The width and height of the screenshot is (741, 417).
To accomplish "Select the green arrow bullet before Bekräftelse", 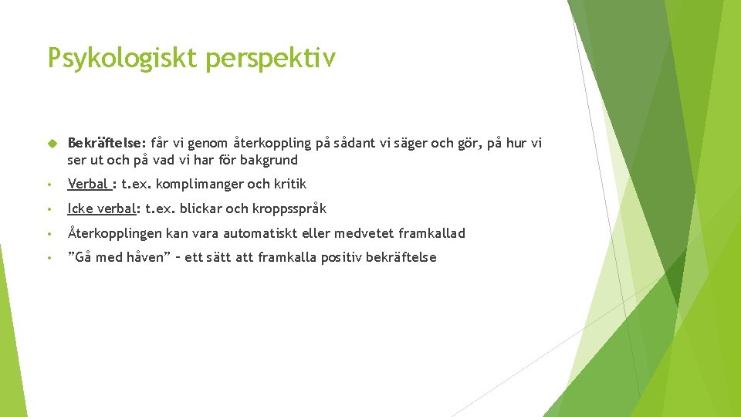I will [x=52, y=144].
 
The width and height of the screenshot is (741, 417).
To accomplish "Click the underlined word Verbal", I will [x=88, y=184].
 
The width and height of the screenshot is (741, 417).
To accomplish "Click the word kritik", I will [x=287, y=184].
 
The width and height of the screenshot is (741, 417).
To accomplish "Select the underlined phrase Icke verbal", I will [x=103, y=208].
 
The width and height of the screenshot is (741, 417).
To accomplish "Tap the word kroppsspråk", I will [x=289, y=208].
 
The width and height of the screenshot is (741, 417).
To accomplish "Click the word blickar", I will [x=201, y=208].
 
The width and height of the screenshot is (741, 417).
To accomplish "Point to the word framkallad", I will [x=431, y=233].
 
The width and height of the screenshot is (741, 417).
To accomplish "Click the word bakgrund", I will [x=269, y=161].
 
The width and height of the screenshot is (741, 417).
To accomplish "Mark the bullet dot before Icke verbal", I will [x=49, y=209].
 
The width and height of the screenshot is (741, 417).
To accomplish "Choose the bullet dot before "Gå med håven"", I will [x=49, y=258].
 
